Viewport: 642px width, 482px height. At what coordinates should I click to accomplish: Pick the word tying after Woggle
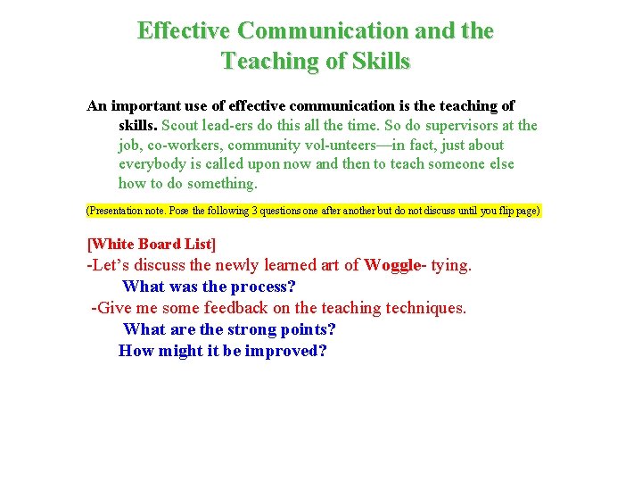[x=451, y=265]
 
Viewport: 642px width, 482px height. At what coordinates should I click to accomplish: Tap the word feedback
[x=234, y=308]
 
